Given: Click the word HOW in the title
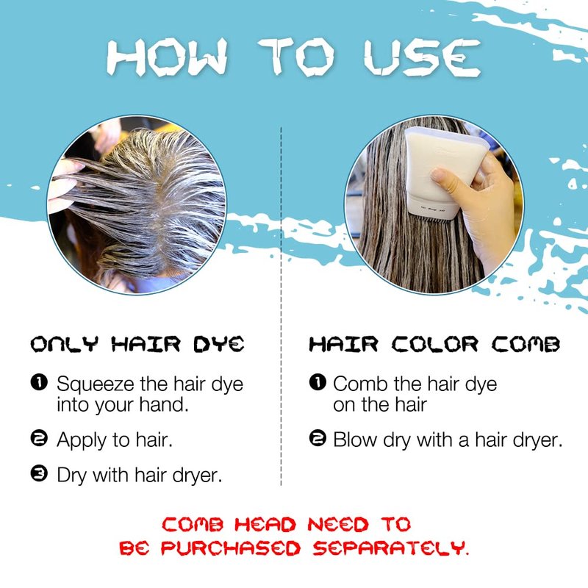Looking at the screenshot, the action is point(168,57).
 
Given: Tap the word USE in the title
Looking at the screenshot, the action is point(422,57).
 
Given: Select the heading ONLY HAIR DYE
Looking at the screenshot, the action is point(137,344).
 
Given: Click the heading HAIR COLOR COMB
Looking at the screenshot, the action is point(434,344).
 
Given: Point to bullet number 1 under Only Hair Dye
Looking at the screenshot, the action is point(39,382).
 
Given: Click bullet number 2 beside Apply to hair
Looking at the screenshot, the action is point(39,438).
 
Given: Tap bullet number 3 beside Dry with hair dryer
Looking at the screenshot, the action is point(39,473).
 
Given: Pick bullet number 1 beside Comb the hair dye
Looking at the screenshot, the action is point(318,382).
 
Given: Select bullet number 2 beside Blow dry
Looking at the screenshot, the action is point(318,438).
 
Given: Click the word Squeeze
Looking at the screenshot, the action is point(96,384).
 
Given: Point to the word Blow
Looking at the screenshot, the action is point(355,440).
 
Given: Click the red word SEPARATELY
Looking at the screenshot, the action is point(391,548).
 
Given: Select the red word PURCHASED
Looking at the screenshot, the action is point(231,548).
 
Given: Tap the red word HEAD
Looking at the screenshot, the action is point(265,524).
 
